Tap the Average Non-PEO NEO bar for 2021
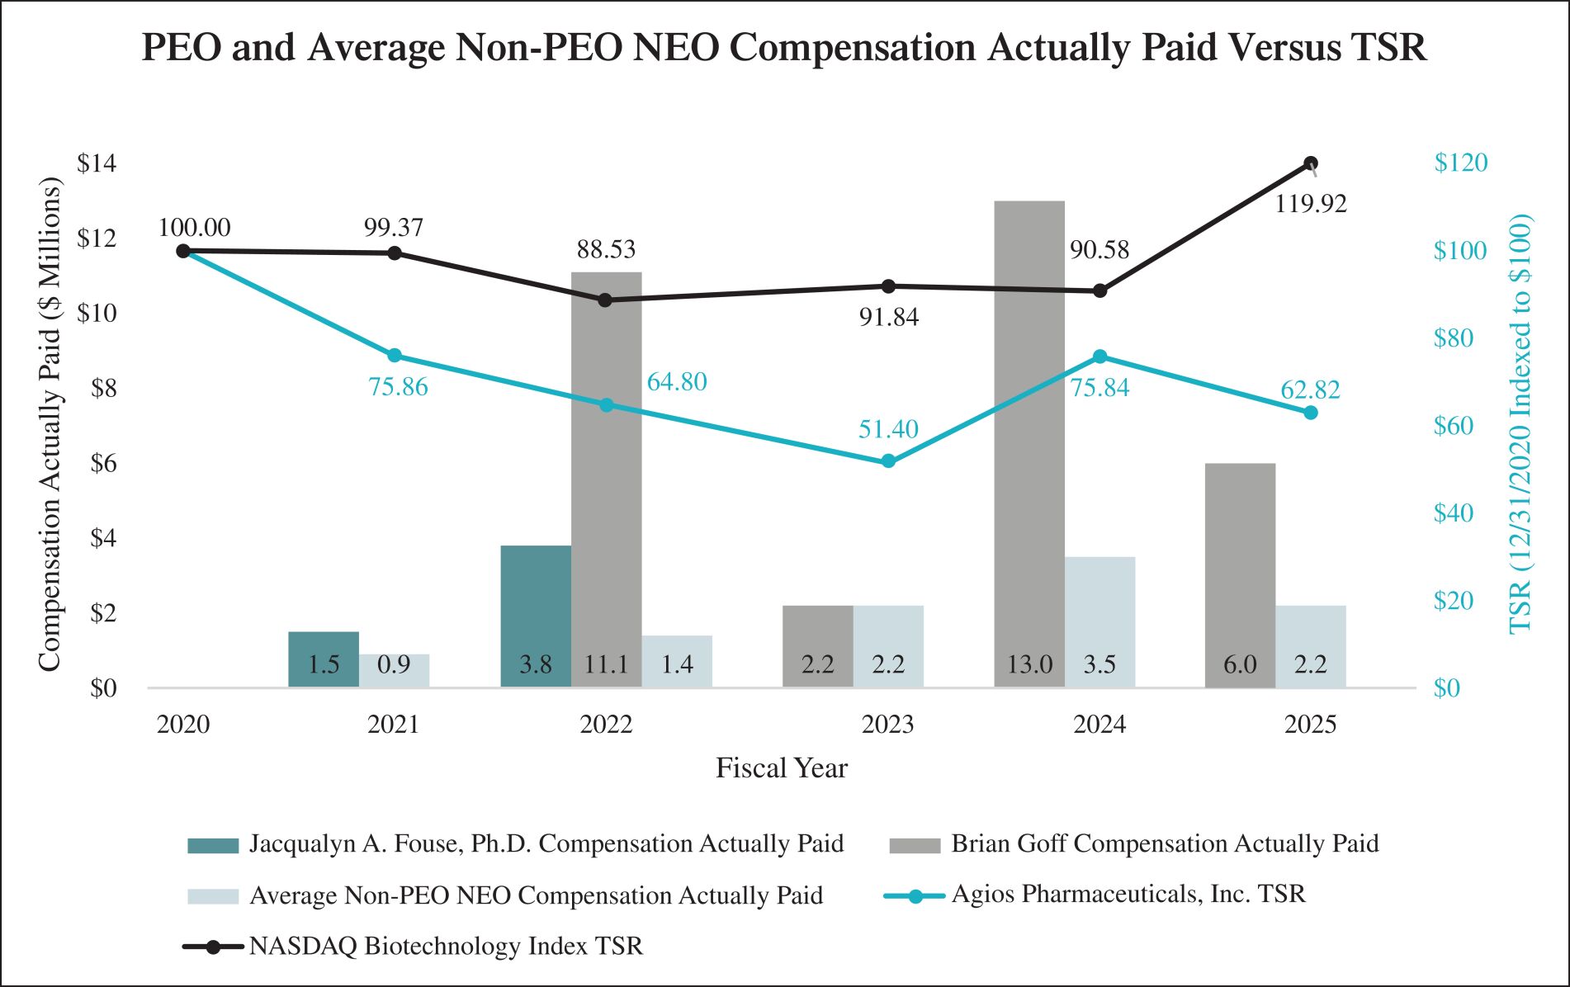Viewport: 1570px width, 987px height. click(394, 670)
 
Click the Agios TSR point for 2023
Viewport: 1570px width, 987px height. click(888, 461)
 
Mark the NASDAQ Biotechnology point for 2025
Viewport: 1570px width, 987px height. click(1311, 163)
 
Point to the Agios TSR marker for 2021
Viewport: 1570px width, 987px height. click(395, 356)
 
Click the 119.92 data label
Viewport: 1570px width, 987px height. click(1311, 204)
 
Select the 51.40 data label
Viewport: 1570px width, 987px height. click(888, 429)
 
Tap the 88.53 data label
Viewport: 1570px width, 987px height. click(606, 249)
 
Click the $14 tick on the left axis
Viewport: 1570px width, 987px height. click(97, 163)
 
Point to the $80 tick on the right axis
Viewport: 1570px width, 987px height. click(1453, 338)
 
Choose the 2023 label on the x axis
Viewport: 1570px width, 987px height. click(888, 725)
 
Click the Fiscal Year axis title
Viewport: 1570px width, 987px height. click(781, 768)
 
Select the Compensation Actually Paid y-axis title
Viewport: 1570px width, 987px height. click(50, 424)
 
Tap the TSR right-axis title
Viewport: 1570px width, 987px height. click(1520, 424)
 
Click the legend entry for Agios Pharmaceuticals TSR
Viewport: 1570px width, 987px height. click(1128, 895)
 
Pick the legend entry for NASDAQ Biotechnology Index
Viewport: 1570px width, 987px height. click(446, 946)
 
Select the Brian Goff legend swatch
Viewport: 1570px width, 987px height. click(915, 845)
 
